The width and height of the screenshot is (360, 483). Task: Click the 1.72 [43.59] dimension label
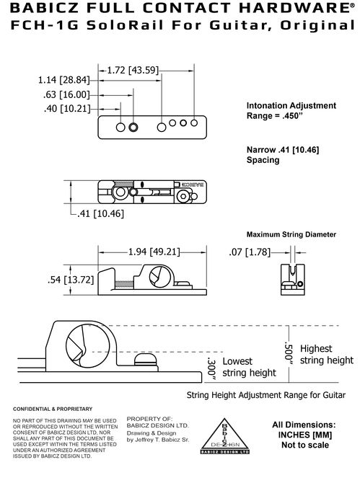coord(133,70)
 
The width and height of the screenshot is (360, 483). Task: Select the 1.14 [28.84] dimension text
coord(63,80)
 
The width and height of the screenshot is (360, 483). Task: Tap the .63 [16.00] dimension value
coord(66,94)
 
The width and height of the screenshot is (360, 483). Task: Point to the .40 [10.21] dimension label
coord(67,108)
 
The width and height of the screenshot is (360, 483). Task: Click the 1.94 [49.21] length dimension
coord(154,252)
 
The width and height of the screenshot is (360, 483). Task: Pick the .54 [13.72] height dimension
coord(71,280)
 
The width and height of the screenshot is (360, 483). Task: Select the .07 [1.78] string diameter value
coord(250,252)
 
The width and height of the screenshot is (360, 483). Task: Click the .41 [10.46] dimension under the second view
coord(100,213)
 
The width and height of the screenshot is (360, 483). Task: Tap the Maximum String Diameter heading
coord(291,234)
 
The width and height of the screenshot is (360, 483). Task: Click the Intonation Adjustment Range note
coord(291,110)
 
